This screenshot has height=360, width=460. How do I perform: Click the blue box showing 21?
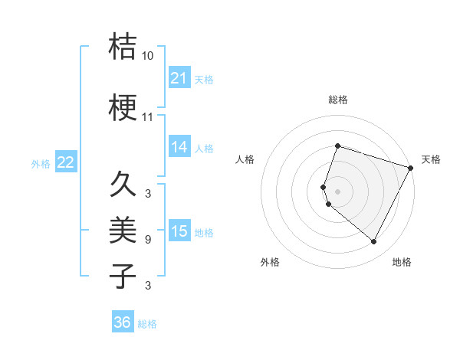click(179, 78)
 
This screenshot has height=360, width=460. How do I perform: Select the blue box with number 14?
click(179, 147)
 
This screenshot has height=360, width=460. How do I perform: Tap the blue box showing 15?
click(179, 231)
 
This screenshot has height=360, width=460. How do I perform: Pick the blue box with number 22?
click(66, 162)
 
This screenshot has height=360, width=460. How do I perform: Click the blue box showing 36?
click(123, 322)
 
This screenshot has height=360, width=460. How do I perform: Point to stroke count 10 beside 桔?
click(148, 56)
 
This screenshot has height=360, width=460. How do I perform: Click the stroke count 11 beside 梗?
click(148, 117)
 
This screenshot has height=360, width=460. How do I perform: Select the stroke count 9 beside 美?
click(148, 240)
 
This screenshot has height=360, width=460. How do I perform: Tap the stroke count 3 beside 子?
click(148, 286)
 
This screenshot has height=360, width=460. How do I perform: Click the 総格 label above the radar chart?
click(338, 100)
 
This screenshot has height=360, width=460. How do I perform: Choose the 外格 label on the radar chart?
click(270, 262)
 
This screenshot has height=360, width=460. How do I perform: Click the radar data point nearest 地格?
click(374, 242)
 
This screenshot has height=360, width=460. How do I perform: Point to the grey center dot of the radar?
click(338, 191)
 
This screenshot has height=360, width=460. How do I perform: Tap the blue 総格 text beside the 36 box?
click(147, 324)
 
